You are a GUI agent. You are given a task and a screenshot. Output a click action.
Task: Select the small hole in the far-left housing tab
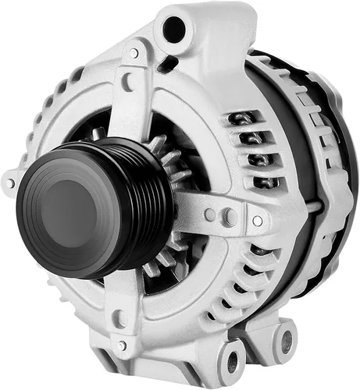tap(10, 185)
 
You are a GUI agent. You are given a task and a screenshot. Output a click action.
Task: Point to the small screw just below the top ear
tap(134, 53)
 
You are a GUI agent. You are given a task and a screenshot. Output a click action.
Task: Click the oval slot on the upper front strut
tap(127, 80)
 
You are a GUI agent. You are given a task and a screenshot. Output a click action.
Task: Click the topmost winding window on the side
tap(244, 119)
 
